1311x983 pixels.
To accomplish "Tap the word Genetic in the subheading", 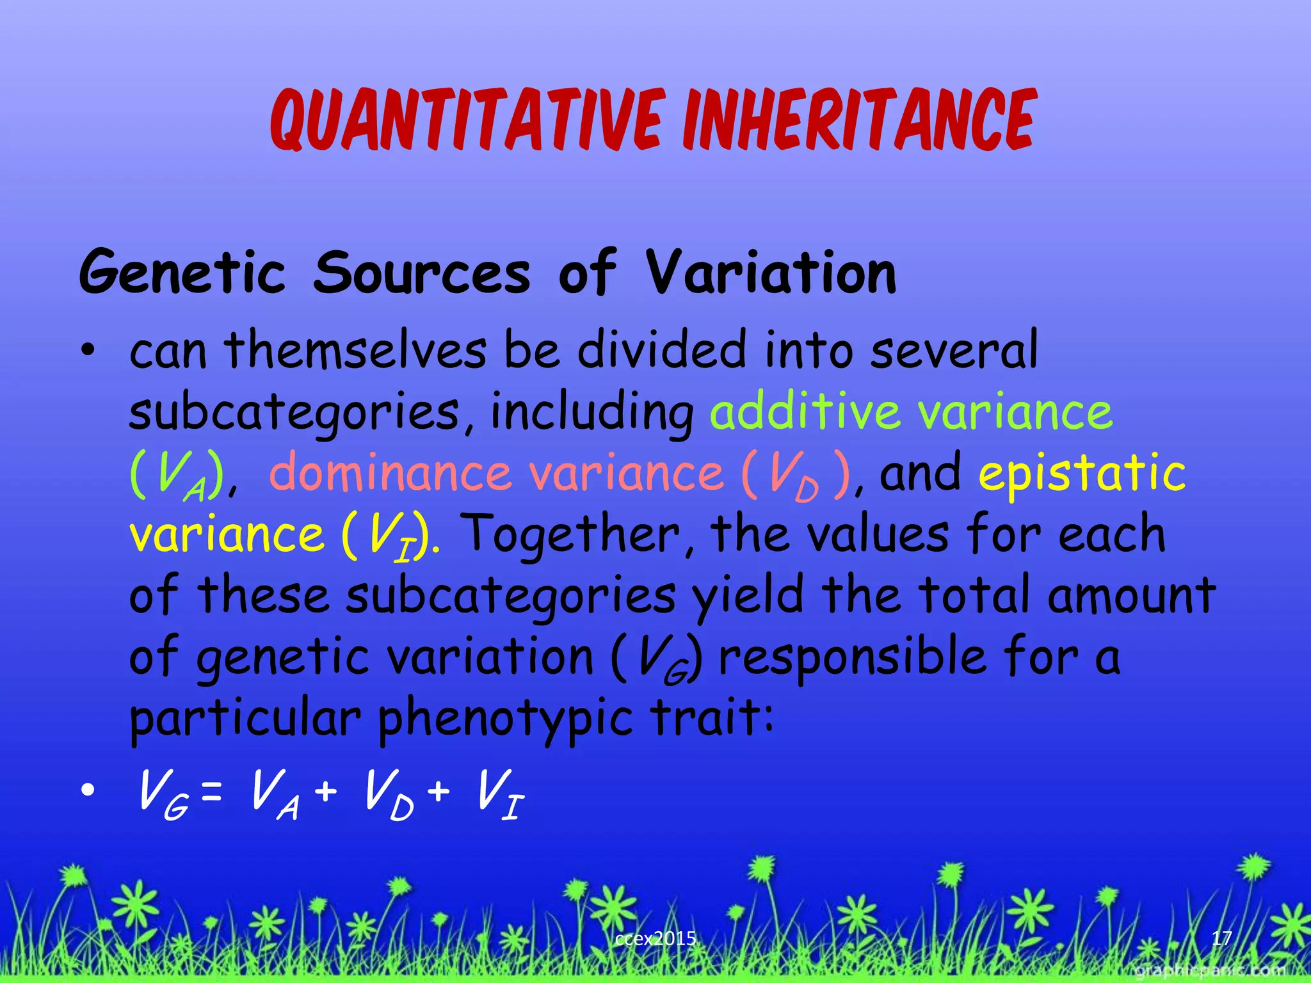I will click(182, 274).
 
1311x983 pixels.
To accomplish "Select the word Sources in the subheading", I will click(422, 274).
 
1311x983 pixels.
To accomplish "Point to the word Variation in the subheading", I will click(771, 274).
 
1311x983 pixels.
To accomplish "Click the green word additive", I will click(804, 412).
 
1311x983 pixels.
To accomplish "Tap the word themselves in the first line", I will click(356, 351).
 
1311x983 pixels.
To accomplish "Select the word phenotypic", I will click(506, 719).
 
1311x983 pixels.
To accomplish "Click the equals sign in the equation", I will click(211, 794).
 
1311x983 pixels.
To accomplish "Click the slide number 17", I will click(1221, 938).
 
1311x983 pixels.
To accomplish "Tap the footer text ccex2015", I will click(655, 939).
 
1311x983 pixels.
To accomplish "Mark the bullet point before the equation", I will click(88, 791).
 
